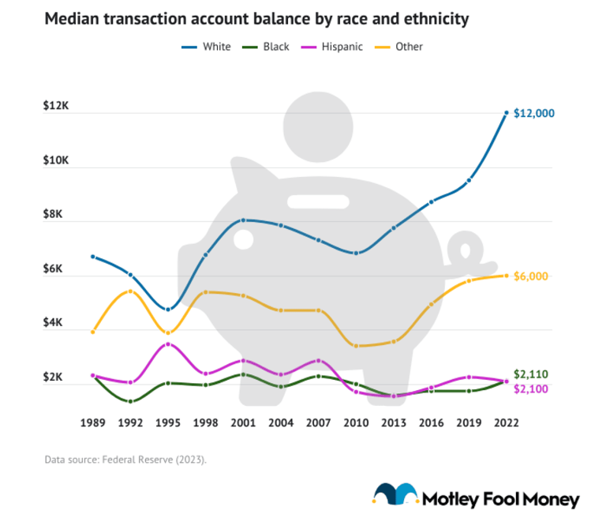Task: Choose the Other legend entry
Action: (400, 47)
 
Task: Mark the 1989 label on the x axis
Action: (93, 423)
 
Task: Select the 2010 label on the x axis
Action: (356, 423)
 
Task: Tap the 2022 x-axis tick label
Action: (506, 423)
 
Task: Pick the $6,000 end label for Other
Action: (531, 276)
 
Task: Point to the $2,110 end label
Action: (530, 374)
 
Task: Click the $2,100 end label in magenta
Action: (530, 389)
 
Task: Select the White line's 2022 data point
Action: (506, 113)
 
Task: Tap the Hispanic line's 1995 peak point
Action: (168, 344)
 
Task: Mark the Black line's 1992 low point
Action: (130, 401)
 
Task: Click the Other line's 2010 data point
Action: (356, 346)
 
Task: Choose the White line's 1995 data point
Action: (168, 310)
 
